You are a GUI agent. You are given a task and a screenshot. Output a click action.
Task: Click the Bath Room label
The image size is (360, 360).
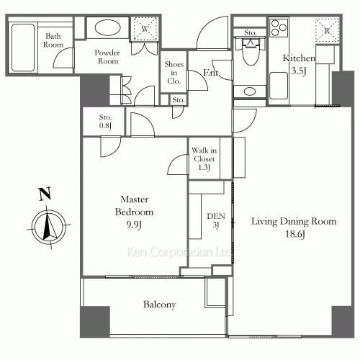pos(53,40)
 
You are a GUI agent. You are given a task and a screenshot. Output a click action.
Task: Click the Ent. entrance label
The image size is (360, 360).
pos(211,73)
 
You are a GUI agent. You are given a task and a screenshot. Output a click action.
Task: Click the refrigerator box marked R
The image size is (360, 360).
pos(328,31)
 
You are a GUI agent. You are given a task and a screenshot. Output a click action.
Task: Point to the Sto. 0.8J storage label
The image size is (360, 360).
pos(105,122)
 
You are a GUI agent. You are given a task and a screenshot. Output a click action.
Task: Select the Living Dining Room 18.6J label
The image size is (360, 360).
pos(293,228)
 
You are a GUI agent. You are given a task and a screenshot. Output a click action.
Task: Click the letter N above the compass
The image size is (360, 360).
pos(45,194)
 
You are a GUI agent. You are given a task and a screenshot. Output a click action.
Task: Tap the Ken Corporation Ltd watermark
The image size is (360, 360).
pos(178,253)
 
